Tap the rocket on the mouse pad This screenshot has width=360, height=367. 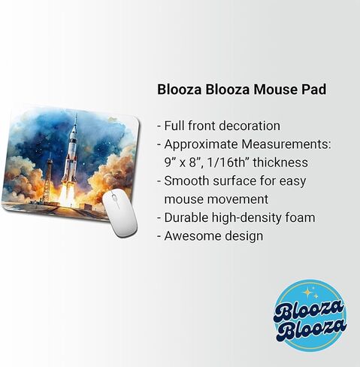pos(71,154)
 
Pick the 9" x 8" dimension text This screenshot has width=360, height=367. pos(186,162)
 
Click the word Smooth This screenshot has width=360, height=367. pos(188,181)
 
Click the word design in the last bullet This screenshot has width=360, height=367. pos(244,237)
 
